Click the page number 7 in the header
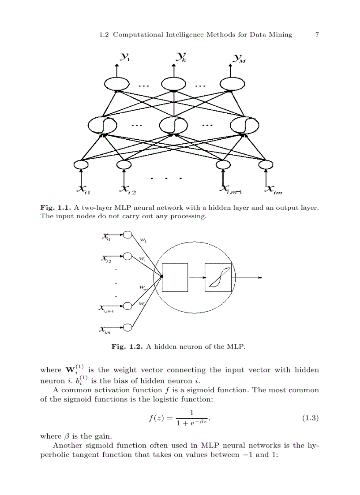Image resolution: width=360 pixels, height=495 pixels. (316, 35)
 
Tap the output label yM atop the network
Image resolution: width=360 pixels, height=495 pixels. (240, 58)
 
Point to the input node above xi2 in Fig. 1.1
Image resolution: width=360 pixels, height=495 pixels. (124, 165)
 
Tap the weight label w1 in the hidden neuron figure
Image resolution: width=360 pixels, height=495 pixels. (143, 240)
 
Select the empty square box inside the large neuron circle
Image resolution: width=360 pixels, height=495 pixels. (175, 277)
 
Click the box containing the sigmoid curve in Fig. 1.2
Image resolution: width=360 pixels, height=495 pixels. (218, 277)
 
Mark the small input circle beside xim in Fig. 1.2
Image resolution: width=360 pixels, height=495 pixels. (128, 327)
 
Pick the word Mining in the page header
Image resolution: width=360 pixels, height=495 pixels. (280, 35)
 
